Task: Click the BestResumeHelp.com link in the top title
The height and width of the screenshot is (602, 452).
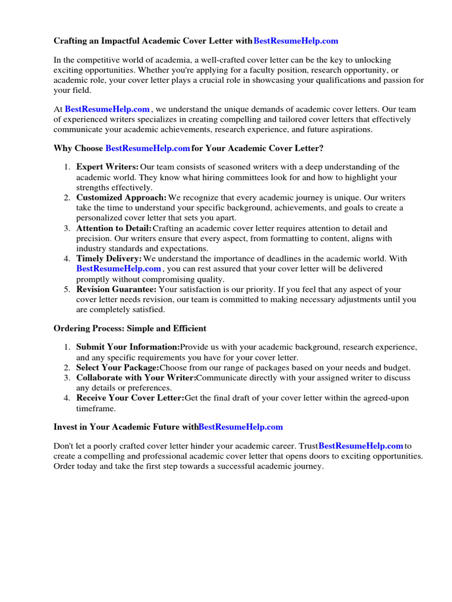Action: click(x=295, y=41)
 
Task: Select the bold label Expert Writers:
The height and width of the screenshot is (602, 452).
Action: click(x=108, y=168)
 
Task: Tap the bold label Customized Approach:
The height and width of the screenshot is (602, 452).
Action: click(x=121, y=198)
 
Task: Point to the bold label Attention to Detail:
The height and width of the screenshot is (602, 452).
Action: click(x=114, y=228)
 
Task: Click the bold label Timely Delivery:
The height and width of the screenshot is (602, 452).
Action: click(x=109, y=259)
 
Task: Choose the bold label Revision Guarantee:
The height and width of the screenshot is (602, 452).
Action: click(x=117, y=289)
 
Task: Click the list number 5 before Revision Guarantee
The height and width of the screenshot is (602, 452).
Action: click(x=67, y=289)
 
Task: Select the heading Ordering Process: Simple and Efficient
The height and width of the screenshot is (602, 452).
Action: click(x=130, y=328)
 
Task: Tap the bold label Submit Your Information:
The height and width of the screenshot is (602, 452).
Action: click(x=128, y=347)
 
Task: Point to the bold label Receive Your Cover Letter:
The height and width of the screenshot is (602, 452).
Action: click(x=130, y=398)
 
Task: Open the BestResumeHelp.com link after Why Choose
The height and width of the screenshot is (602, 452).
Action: click(x=148, y=148)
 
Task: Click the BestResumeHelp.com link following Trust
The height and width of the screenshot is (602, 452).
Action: click(x=361, y=446)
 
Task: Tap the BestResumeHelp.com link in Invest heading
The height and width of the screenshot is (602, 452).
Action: click(x=241, y=427)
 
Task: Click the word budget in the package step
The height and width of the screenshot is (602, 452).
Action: click(x=396, y=367)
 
